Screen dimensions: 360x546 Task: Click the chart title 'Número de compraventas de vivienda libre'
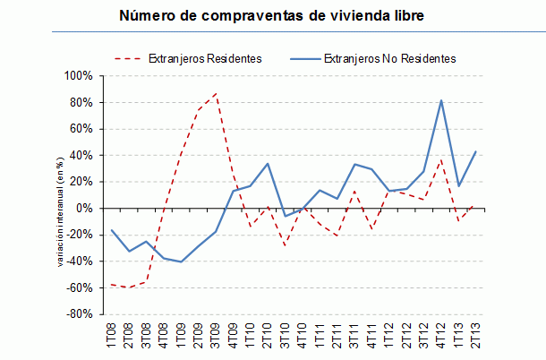coord(272,16)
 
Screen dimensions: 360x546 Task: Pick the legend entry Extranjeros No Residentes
coord(389,58)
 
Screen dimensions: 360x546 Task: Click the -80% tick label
coord(80,315)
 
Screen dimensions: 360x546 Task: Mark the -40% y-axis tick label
coord(80,261)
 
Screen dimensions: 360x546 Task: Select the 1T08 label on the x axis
coord(113,336)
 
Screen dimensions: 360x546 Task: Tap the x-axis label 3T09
coord(216,336)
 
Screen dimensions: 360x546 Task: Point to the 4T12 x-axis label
coord(441,336)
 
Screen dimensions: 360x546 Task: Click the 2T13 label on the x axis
coord(476,336)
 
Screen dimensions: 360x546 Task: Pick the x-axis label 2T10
coord(268,336)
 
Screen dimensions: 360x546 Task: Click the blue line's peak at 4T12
coord(441,100)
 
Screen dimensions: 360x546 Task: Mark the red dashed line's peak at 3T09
coord(216,93)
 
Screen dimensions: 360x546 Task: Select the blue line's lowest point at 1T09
coord(182,261)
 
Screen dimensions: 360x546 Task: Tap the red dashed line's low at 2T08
coord(130,287)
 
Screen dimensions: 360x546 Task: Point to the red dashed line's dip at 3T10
coord(286,245)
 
